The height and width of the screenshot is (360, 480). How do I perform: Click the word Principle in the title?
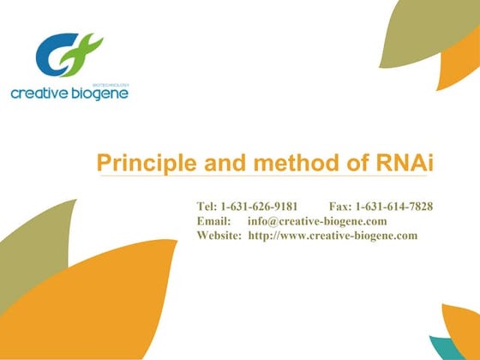[140, 162]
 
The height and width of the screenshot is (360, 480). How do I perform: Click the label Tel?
[207, 207]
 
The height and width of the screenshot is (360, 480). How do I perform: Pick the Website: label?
[219, 235]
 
